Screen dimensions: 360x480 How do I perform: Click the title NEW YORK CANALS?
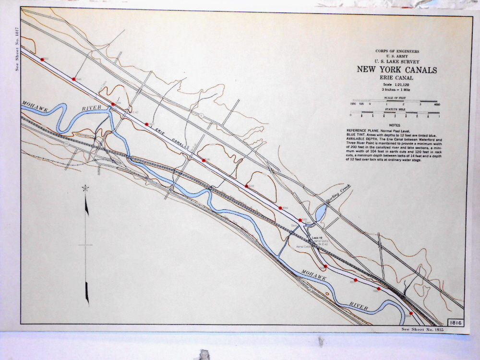pyautogui.click(x=396, y=70)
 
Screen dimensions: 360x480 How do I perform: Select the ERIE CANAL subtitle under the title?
pyautogui.click(x=396, y=78)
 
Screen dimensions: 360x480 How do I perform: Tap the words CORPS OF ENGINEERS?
pyautogui.click(x=397, y=51)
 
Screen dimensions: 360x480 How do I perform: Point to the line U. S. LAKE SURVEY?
pyautogui.click(x=397, y=61)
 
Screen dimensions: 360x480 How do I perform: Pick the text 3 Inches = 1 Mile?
pyautogui.click(x=397, y=90)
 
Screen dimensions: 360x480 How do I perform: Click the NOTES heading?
pyautogui.click(x=395, y=125)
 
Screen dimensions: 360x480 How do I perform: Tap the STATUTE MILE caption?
pyautogui.click(x=395, y=110)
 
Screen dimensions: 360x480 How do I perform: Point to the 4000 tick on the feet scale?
pyautogui.click(x=436, y=104)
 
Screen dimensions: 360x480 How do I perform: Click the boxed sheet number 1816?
pyautogui.click(x=456, y=323)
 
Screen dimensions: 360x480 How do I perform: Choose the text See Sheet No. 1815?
pyautogui.click(x=422, y=329)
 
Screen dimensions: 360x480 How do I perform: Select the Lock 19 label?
pyautogui.click(x=316, y=238)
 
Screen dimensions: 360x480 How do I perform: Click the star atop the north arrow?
pyautogui.click(x=85, y=188)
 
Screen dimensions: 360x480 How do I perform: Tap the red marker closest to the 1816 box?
pyautogui.click(x=411, y=313)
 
